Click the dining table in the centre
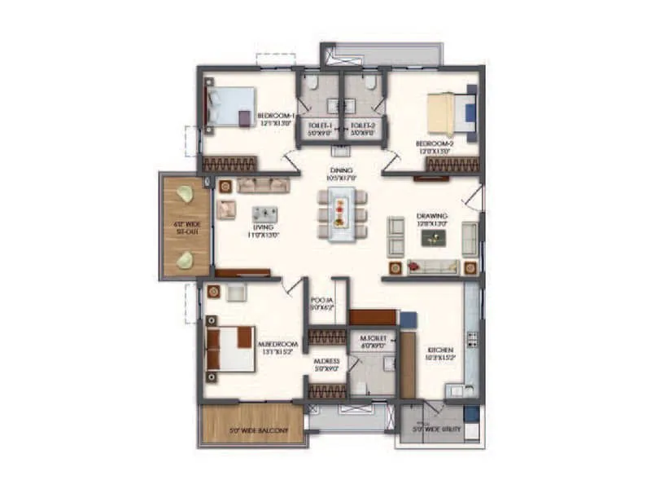(342, 214)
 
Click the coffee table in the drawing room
(433, 237)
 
